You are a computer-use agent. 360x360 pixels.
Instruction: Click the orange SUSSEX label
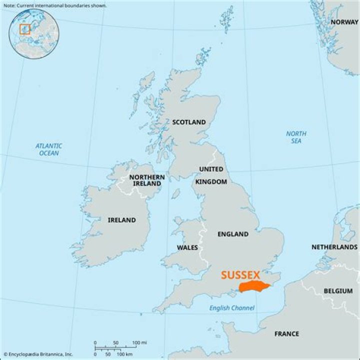click(240, 275)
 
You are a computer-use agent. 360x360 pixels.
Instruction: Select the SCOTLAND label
click(188, 122)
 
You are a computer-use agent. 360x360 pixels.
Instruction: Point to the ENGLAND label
click(232, 234)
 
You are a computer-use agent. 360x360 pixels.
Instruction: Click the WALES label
click(187, 247)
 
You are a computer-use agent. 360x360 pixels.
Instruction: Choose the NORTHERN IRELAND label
click(146, 180)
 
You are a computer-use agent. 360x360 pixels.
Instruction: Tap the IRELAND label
click(121, 220)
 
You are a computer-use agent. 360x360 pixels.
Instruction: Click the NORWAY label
click(344, 22)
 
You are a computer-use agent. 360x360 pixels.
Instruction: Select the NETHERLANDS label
click(334, 247)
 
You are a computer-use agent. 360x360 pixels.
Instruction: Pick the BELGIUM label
click(338, 290)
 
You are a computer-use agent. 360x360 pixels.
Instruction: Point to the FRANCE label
click(286, 333)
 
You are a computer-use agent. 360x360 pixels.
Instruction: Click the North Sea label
click(296, 137)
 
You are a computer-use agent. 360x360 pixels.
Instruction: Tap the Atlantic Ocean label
click(49, 149)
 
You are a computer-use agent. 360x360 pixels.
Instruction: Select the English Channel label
click(231, 308)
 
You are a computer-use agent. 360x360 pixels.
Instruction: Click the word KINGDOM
click(211, 181)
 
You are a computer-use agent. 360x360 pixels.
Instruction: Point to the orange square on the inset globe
click(24, 29)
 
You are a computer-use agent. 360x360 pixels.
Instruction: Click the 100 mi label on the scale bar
click(139, 342)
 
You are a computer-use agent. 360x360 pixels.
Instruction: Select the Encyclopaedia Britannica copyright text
click(37, 354)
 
